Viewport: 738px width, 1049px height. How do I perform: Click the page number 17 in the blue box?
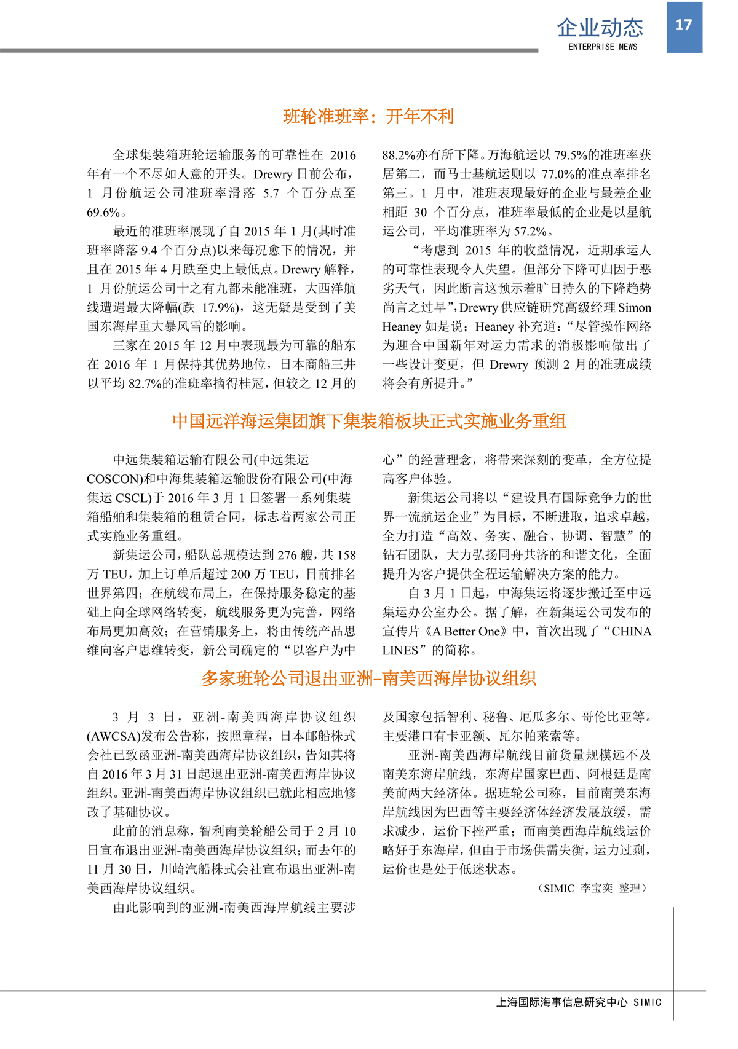pos(684,25)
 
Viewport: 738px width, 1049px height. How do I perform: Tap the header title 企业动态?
pos(600,28)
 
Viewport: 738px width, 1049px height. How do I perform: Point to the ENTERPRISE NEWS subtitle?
pos(602,47)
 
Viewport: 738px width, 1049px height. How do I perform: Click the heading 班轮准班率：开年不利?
pos(368,116)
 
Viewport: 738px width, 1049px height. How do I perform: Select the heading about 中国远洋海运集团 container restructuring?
pos(369,421)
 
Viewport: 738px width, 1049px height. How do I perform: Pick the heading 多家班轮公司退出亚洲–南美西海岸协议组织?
pos(369,678)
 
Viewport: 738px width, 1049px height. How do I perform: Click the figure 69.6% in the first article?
pos(103,213)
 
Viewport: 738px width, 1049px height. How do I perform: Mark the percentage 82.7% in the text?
pos(145,383)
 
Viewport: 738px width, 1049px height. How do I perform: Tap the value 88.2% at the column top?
pos(399,155)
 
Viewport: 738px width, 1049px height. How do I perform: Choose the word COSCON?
pos(111,479)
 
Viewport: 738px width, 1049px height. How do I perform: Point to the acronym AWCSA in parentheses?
pos(114,736)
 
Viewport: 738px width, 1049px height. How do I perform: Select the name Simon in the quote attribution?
pos(634,307)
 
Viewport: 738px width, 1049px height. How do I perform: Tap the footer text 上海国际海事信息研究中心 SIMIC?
pos(579,1002)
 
